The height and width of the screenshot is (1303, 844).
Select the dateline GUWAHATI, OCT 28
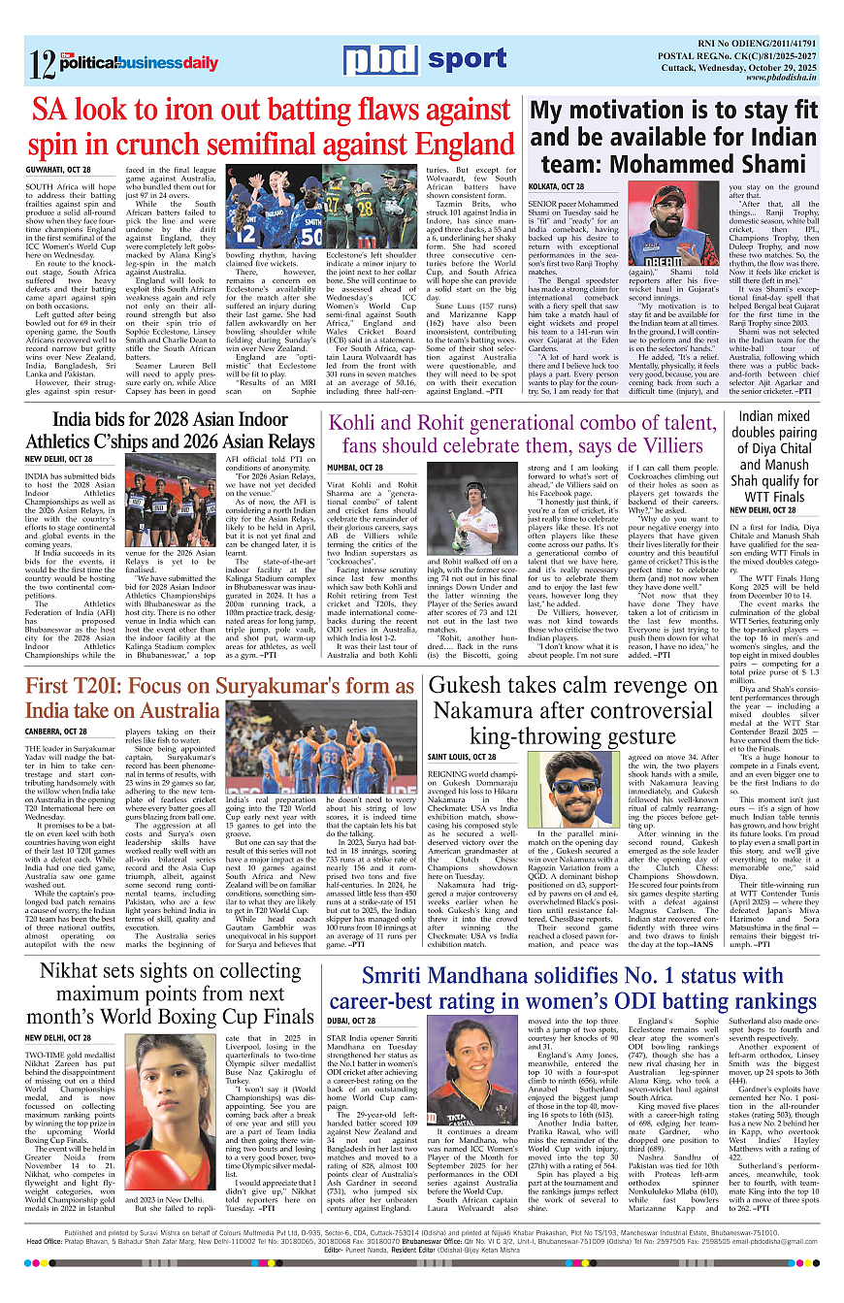[58, 169]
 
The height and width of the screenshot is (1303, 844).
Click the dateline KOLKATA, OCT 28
[558, 186]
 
